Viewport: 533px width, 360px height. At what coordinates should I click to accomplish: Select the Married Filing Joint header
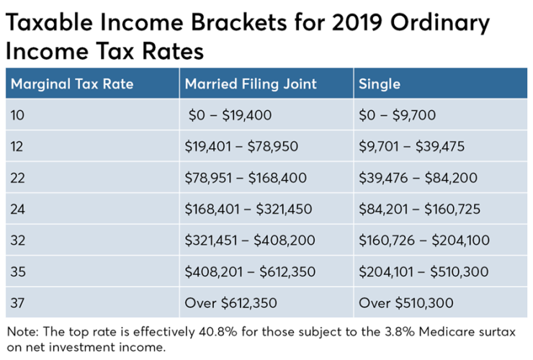[251, 84]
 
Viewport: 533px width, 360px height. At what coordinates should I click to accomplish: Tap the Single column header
[380, 84]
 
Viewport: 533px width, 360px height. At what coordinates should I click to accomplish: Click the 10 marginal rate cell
[18, 115]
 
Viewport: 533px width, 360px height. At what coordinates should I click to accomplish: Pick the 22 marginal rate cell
[19, 178]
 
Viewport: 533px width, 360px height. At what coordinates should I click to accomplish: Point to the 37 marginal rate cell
[19, 303]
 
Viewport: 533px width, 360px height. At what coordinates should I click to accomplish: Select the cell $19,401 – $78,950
[241, 147]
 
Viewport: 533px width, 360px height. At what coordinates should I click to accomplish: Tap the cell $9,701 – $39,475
[411, 147]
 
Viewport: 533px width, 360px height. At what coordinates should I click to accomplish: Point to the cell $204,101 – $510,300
[424, 272]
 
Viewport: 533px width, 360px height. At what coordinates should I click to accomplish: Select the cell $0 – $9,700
[397, 115]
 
